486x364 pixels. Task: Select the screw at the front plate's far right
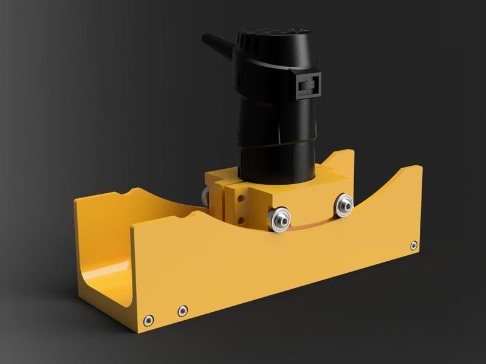414,246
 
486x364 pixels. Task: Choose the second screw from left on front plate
182,311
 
